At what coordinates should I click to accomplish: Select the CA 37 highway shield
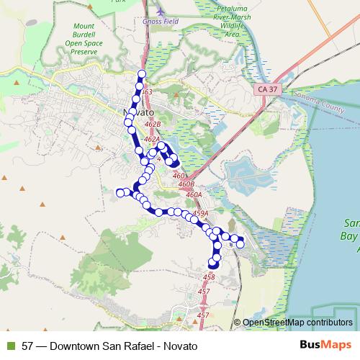(x=265, y=89)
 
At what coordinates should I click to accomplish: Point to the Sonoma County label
(x=333, y=104)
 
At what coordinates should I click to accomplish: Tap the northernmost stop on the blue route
(x=142, y=75)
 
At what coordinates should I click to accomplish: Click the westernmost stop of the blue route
(x=120, y=192)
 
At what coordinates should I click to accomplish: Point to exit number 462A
(x=150, y=140)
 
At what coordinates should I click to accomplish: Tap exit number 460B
(x=186, y=185)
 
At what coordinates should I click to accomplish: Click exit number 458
(x=210, y=277)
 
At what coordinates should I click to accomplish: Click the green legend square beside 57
(x=9, y=346)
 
